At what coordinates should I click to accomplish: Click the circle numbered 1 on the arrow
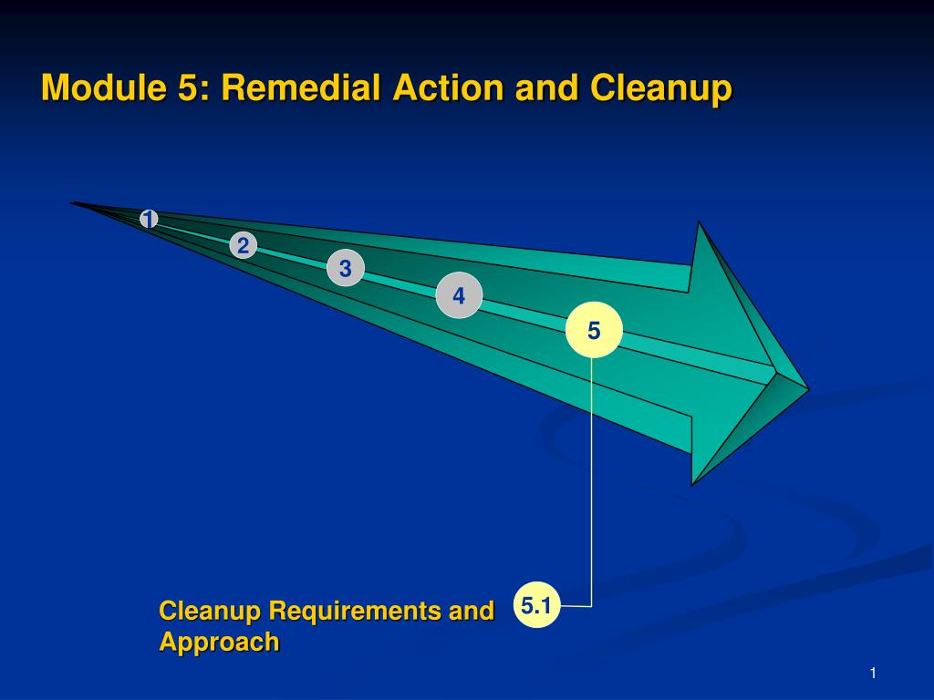[149, 219]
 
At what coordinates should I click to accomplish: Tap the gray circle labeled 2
[243, 245]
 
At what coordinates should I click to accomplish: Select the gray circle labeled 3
[346, 268]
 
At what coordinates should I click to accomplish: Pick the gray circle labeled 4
[459, 295]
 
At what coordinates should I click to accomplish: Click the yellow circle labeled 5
[594, 330]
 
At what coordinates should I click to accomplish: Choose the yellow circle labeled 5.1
[536, 605]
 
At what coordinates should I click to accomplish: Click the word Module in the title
[104, 87]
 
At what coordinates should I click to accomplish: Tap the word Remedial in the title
[301, 87]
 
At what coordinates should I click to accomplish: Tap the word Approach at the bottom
[219, 643]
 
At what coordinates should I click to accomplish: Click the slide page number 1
[873, 674]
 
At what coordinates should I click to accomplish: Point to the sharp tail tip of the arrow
[71, 203]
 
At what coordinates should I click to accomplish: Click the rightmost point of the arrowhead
[809, 390]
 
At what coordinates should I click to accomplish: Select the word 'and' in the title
[547, 87]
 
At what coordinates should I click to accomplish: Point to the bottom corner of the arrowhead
[692, 485]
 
